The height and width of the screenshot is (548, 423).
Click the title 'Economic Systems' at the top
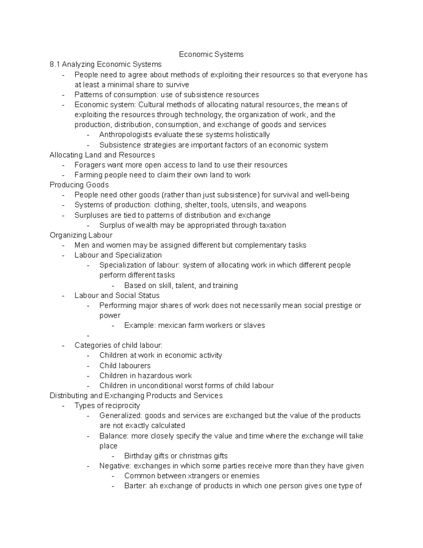click(211, 54)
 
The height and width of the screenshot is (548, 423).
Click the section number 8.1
click(55, 64)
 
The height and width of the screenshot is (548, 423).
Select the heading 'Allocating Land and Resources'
click(102, 155)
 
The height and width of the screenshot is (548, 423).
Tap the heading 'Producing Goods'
click(79, 185)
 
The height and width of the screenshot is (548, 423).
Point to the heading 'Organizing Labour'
click(81, 235)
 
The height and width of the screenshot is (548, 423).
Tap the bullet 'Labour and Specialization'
click(118, 255)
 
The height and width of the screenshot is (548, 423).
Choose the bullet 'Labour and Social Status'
click(117, 295)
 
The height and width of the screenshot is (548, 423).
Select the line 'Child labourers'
click(125, 366)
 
